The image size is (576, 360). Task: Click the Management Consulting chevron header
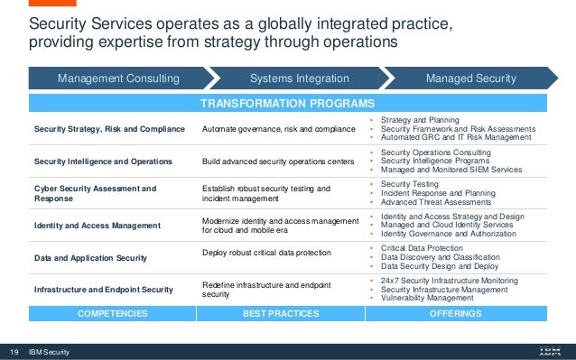tap(118, 78)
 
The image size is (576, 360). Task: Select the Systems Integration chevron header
tap(286, 78)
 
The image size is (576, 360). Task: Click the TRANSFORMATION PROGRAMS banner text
tap(287, 103)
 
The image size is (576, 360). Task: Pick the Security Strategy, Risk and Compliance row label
tap(109, 129)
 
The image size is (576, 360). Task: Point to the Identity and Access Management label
tap(98, 224)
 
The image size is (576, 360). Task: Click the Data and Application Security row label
tap(91, 257)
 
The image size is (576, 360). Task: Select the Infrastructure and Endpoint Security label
tap(103, 289)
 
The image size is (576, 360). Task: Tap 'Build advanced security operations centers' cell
tap(276, 161)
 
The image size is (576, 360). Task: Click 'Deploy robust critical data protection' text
tap(267, 253)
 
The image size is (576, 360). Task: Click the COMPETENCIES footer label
tap(107, 314)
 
